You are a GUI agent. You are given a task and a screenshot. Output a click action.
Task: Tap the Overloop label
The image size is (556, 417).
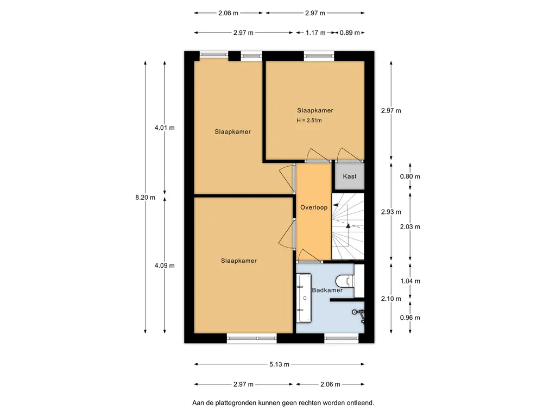314,207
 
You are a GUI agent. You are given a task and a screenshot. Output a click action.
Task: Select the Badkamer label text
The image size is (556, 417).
327,290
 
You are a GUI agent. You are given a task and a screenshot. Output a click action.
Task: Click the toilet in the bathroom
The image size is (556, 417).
345,281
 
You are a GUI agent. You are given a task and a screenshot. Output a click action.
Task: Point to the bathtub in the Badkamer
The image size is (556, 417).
304,298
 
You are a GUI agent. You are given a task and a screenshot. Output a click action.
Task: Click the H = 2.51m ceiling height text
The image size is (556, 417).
309,120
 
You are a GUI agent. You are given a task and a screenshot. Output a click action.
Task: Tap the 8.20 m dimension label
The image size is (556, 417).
146,198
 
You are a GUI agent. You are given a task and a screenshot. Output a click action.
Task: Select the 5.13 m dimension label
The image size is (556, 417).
280,364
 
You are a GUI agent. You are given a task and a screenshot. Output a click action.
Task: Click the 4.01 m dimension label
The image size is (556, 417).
165,128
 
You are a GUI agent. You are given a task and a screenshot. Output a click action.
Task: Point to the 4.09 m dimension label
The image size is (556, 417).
165,265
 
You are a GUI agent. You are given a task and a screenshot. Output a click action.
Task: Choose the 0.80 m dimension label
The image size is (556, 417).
410,176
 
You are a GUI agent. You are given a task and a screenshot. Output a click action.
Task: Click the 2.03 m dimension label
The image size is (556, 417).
410,226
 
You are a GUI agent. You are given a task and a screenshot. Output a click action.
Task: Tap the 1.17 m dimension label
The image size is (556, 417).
315,33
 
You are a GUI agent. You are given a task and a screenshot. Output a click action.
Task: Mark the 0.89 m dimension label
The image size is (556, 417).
350,33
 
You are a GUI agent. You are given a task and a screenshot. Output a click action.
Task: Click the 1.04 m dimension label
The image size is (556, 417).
410,281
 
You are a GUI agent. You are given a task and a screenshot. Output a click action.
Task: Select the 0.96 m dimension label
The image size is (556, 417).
410,317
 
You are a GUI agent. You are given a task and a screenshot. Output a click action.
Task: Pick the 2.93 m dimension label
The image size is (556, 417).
391,212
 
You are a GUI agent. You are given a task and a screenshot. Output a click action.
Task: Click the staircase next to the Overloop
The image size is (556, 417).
348,226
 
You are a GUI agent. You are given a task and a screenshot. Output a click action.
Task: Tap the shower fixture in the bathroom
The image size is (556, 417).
358,315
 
